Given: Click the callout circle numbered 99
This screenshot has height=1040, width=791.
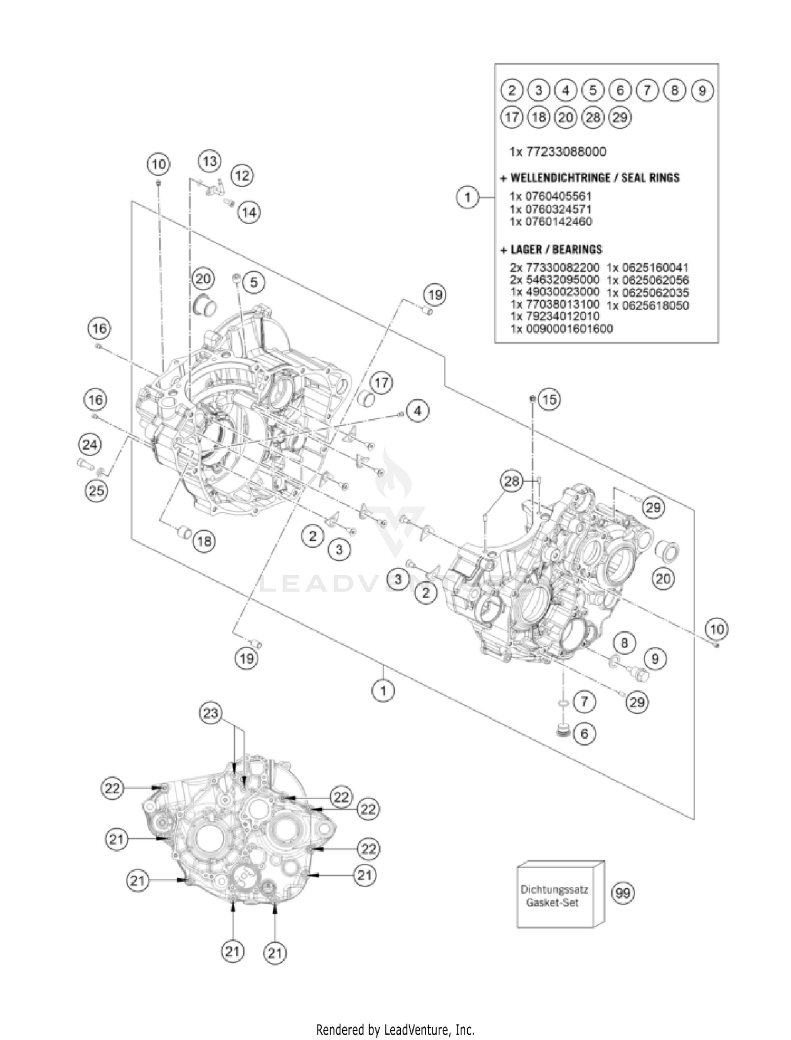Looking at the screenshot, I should [623, 893].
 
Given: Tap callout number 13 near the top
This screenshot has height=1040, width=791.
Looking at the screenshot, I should [210, 161].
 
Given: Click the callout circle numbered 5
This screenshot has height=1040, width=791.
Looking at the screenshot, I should [254, 282].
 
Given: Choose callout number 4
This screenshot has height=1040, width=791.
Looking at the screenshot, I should [418, 410].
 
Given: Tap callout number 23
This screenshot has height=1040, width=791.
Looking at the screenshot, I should [210, 713].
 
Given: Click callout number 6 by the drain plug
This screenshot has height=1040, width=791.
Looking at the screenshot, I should [584, 733].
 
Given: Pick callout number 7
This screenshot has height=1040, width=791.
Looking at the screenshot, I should [584, 702].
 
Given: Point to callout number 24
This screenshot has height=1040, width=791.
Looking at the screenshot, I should [90, 445].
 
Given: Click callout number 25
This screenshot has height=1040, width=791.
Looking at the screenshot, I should [96, 491].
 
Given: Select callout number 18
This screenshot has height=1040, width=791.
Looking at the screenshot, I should [205, 541].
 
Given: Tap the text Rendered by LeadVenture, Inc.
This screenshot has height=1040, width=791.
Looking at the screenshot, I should [395, 1029].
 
